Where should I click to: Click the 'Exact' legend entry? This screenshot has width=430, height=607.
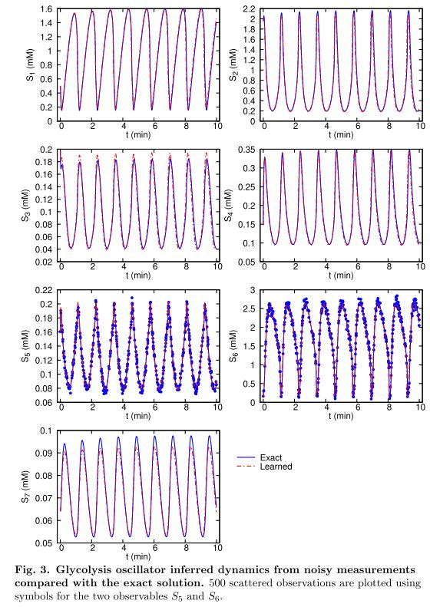271,457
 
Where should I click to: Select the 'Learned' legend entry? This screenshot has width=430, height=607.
276,467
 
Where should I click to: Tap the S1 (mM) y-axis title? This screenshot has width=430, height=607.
31,65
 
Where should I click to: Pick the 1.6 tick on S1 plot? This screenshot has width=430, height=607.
46,9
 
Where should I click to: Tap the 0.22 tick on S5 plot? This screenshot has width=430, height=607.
45,290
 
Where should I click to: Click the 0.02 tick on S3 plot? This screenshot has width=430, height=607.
45,262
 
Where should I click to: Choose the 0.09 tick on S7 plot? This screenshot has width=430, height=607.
45,454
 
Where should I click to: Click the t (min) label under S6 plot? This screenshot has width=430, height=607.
341,416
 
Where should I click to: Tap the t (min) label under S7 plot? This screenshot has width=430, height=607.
138,556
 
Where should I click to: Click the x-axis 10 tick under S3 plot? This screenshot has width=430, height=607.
217,266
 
